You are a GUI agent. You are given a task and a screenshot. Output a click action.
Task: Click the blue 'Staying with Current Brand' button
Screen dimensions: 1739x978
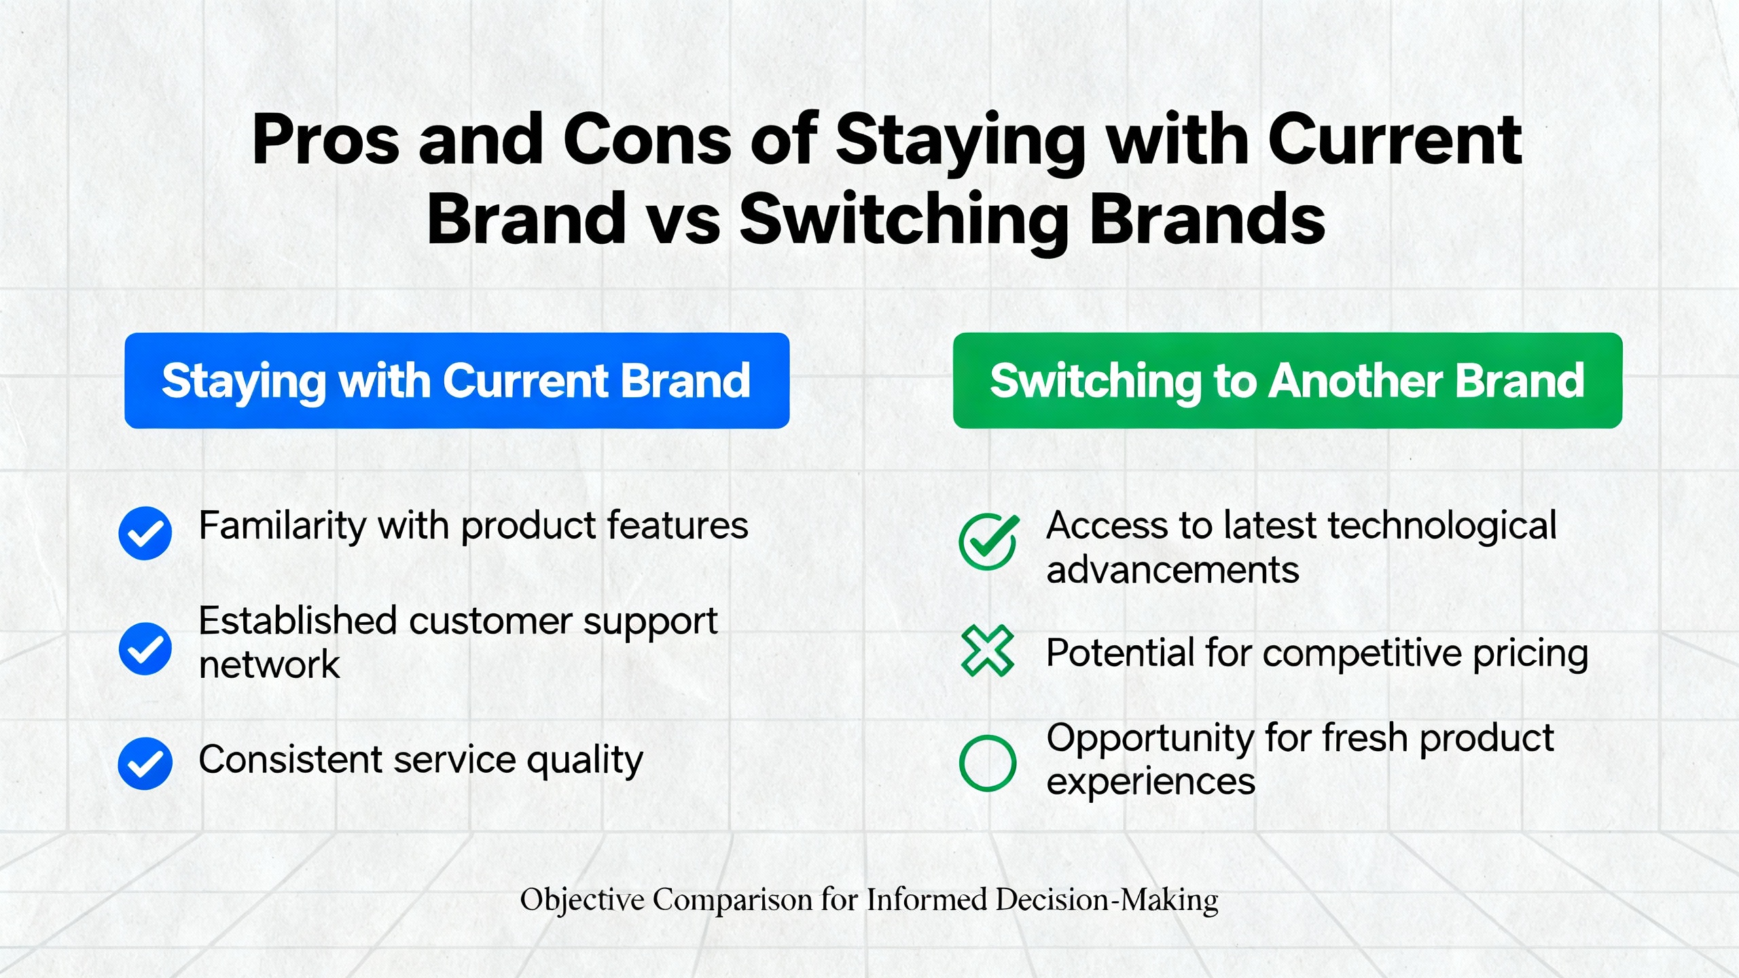[456, 380]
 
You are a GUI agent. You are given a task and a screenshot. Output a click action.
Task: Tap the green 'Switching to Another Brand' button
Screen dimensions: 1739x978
[1287, 380]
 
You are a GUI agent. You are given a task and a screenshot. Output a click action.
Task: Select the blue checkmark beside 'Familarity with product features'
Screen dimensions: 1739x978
[145, 533]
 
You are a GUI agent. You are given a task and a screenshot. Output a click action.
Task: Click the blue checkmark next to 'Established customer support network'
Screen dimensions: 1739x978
[145, 649]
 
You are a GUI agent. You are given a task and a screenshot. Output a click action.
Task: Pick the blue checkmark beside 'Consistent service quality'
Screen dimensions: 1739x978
[145, 763]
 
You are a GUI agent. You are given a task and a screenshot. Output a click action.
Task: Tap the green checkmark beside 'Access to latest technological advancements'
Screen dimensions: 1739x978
[988, 541]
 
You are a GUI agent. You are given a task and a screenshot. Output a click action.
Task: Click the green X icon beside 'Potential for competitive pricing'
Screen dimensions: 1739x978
[988, 651]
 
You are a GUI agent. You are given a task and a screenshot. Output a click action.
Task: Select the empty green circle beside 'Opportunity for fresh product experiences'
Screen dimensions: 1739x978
[988, 763]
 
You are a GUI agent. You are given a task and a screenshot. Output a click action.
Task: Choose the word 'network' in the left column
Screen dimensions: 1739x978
[269, 664]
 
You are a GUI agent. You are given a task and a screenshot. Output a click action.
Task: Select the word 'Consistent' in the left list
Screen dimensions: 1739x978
[290, 759]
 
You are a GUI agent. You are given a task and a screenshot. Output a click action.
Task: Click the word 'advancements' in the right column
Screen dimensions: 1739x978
[1172, 569]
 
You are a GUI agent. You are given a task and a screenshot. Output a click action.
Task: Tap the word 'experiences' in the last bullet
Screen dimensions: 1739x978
[1151, 782]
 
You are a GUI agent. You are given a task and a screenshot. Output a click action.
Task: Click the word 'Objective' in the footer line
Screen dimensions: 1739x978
[582, 901]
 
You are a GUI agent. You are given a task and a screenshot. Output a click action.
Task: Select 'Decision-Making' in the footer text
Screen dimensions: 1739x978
[1107, 901]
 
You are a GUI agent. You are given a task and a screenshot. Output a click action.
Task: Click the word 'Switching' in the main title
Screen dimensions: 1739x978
[904, 221]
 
